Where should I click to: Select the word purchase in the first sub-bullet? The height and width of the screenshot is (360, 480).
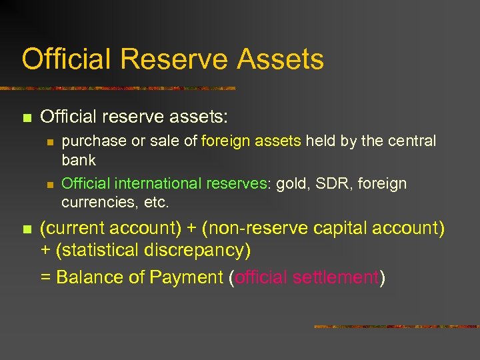(x=88, y=141)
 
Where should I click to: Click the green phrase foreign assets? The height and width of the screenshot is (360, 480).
(x=251, y=141)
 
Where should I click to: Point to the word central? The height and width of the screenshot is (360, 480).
(x=411, y=141)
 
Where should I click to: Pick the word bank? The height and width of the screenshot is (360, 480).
(x=79, y=160)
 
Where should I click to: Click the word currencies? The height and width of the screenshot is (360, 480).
(x=94, y=201)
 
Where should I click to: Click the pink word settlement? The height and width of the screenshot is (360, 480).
(x=336, y=277)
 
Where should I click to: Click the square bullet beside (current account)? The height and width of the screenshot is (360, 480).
(x=27, y=229)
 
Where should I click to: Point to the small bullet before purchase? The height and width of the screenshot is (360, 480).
(x=49, y=142)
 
